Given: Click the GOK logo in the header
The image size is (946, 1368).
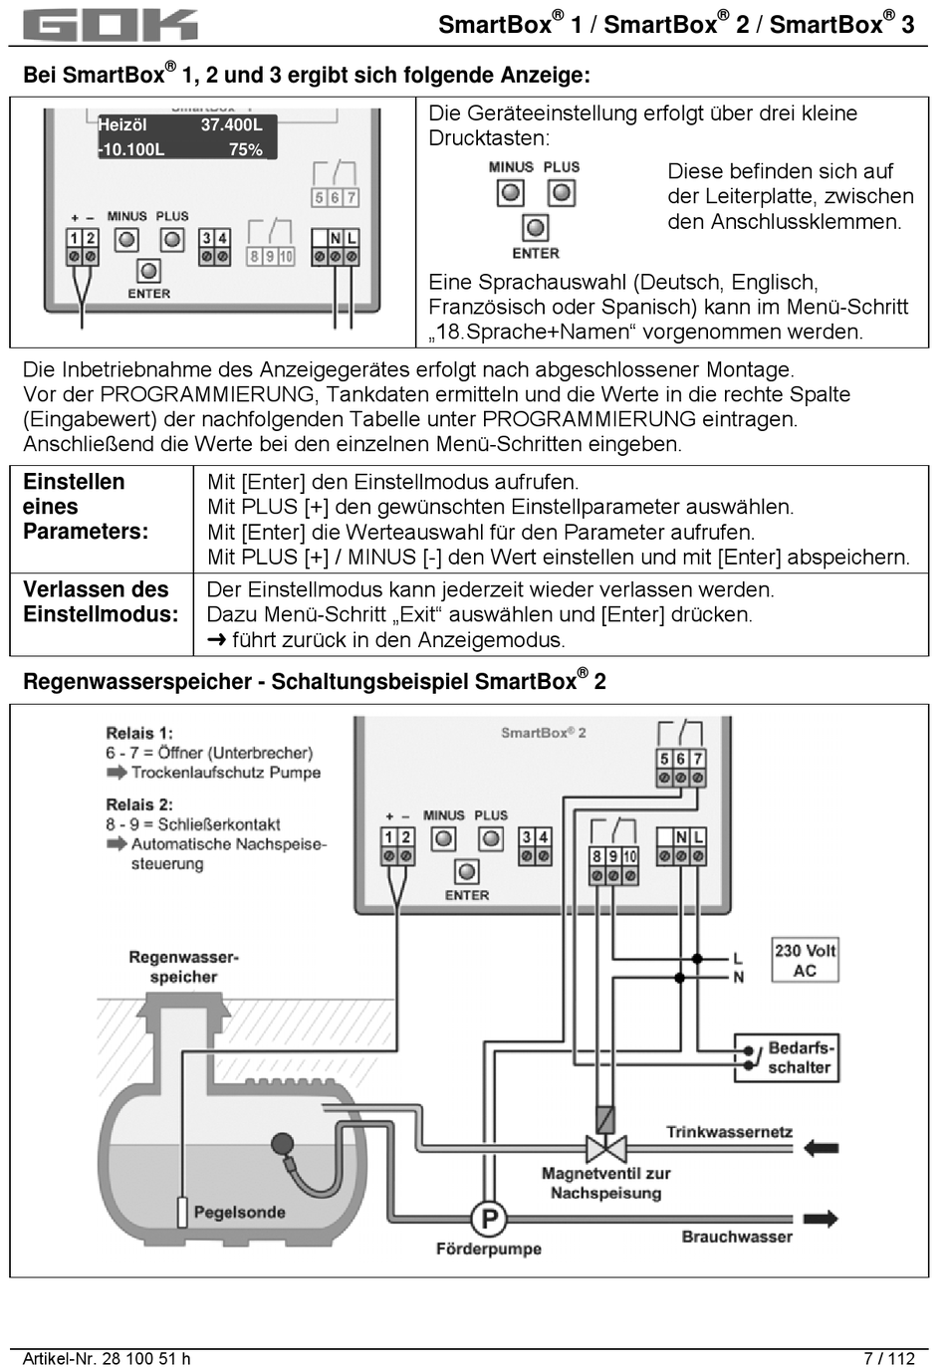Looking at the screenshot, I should [x=110, y=25].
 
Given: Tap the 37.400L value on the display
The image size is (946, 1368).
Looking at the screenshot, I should [x=231, y=125].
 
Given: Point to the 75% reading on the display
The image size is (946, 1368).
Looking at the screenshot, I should [x=245, y=150].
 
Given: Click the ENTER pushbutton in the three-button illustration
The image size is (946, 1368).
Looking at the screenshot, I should [x=536, y=228].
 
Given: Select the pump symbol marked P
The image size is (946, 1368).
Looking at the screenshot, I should [x=489, y=1218].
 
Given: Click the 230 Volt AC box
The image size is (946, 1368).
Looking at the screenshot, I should [x=805, y=960].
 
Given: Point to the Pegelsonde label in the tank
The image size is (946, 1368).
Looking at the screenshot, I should [x=239, y=1213].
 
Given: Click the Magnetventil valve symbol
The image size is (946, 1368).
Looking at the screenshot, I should [x=605, y=1148].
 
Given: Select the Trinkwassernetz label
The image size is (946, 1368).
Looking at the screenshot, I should [x=729, y=1133].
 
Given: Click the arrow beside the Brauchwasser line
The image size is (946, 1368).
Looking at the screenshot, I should [x=820, y=1219].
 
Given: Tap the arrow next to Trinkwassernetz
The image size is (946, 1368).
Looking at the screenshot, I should [x=820, y=1148].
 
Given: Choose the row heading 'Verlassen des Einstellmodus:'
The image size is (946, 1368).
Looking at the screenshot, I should [x=101, y=602].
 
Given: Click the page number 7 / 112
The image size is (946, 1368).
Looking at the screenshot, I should [x=888, y=1358].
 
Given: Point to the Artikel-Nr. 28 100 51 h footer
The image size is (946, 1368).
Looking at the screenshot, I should [x=107, y=1358].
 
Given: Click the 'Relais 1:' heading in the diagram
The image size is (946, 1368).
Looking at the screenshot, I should [x=139, y=734].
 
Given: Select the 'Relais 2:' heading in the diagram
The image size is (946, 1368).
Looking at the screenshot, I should [x=139, y=804].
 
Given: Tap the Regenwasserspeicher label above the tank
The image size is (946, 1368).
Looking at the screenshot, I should [x=183, y=967].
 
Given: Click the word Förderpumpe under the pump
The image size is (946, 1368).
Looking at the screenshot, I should [x=488, y=1249].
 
